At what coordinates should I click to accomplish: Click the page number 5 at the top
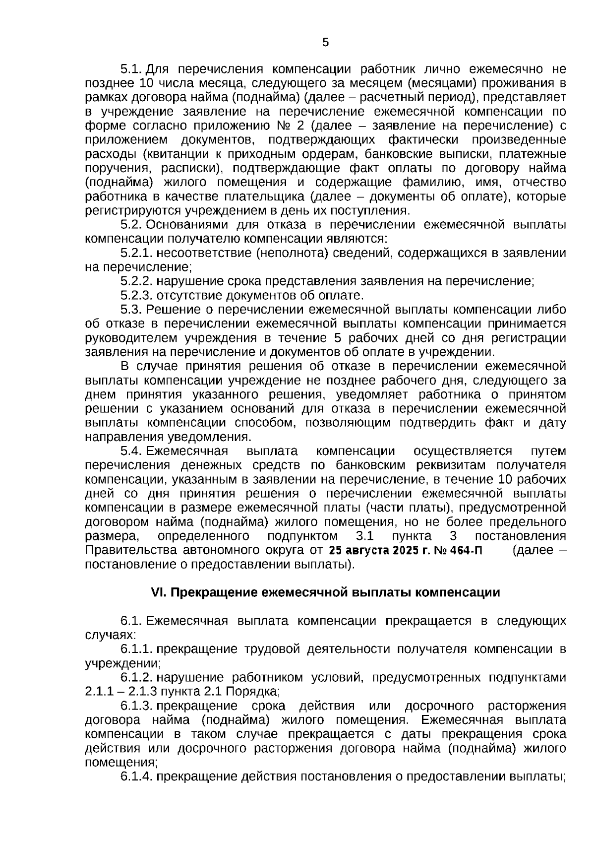click(x=325, y=43)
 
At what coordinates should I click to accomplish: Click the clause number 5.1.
click(x=131, y=68)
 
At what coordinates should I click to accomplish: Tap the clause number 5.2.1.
click(x=137, y=253)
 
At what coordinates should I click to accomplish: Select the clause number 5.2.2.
click(x=137, y=281)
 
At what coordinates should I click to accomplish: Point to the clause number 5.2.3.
click(x=137, y=296)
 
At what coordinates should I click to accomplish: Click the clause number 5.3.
click(x=131, y=310)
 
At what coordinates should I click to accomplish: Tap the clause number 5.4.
click(x=131, y=451)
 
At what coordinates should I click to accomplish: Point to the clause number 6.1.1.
click(x=137, y=649)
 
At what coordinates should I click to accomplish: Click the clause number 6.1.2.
click(x=137, y=678)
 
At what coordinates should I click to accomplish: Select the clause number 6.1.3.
click(x=137, y=706)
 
